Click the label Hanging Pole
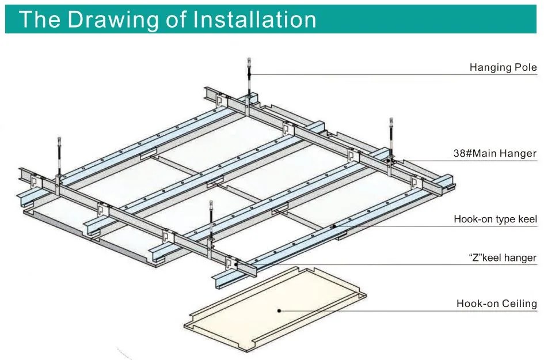point(503,67)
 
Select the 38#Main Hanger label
point(494,153)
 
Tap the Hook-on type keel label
point(495,219)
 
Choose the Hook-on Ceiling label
point(496,304)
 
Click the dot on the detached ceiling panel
point(279,311)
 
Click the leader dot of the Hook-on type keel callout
point(334,226)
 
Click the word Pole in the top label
point(524,67)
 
